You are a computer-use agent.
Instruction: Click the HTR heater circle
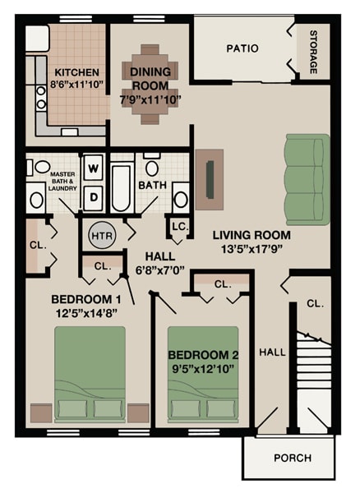(101, 235)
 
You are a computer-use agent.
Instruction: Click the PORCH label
(291, 458)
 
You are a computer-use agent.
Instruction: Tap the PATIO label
(242, 48)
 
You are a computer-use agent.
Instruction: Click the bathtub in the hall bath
(122, 187)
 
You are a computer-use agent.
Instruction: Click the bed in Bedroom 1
(90, 375)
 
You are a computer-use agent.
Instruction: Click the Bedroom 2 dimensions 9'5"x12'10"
(202, 369)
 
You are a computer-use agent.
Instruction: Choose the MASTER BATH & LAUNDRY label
(63, 182)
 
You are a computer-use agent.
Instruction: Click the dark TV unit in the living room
(210, 175)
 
